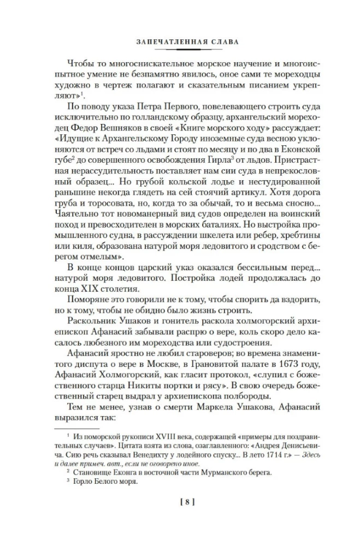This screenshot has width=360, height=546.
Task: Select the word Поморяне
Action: pos(92,302)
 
